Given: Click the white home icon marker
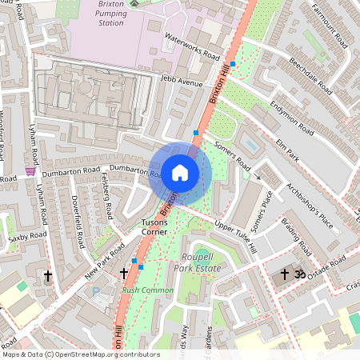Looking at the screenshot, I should click(179, 172).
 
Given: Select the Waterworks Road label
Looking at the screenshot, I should click(191, 47).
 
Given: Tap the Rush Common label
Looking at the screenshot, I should click(148, 290).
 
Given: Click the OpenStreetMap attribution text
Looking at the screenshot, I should click(81, 354).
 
